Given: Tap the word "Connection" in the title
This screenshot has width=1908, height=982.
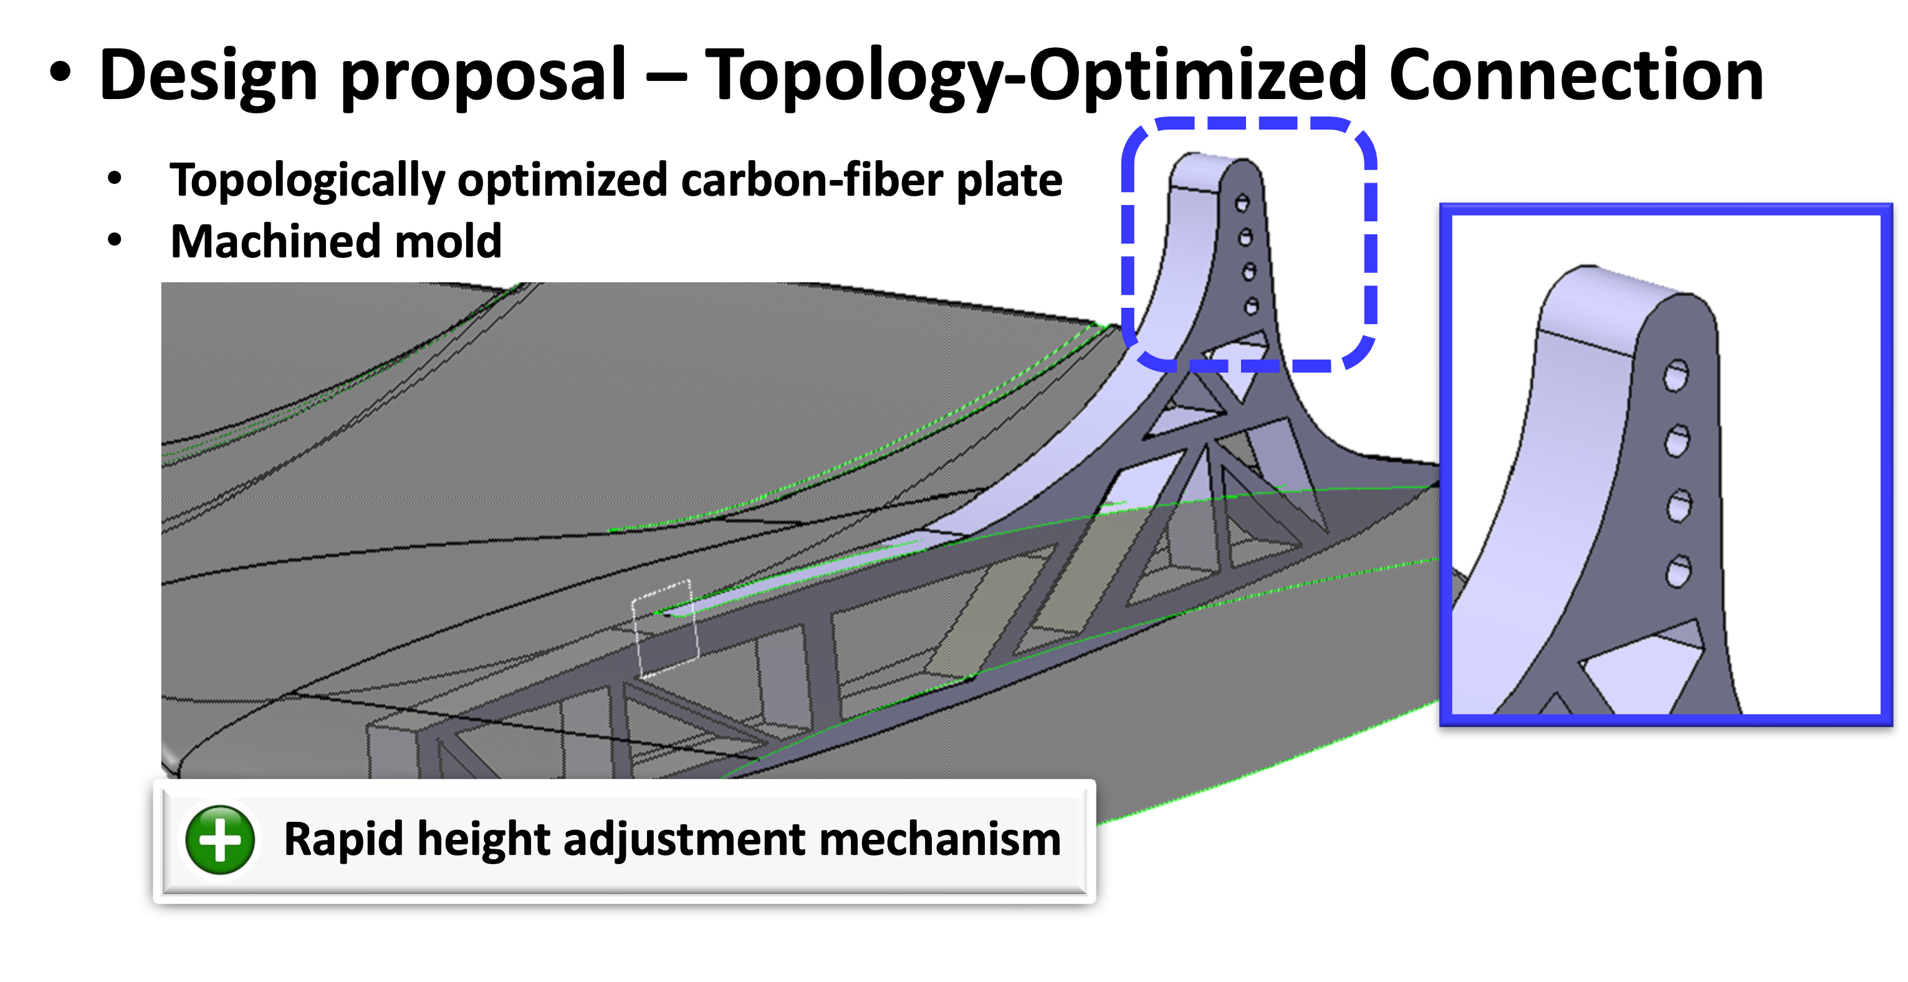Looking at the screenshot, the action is [1576, 74].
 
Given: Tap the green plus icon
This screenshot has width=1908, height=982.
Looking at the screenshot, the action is [220, 840].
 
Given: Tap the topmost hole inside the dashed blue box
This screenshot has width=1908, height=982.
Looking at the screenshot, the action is [1242, 202].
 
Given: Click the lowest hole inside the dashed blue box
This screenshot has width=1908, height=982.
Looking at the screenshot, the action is [1252, 305].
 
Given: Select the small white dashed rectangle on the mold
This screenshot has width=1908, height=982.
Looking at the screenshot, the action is [664, 629].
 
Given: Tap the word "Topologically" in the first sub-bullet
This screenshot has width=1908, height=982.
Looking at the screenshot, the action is [307, 181].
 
